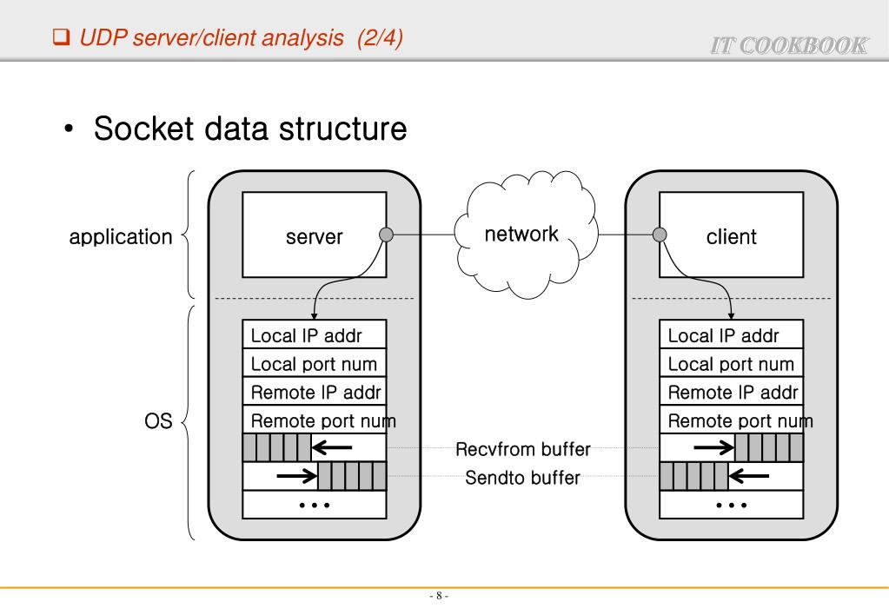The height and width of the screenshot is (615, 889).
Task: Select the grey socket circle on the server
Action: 388,234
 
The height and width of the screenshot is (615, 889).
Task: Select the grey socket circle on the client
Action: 660,234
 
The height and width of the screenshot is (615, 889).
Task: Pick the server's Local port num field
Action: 313,364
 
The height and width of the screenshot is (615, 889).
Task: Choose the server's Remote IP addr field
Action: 313,392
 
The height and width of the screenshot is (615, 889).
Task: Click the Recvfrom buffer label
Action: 523,450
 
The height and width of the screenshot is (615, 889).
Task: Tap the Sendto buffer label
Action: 523,478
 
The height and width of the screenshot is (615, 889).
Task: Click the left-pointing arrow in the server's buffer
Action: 333,448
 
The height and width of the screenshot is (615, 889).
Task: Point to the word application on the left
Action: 121,237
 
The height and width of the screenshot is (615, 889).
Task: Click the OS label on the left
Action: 158,422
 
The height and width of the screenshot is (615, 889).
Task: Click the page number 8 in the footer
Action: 439,596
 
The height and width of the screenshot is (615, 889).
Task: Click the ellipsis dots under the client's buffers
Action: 731,505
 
